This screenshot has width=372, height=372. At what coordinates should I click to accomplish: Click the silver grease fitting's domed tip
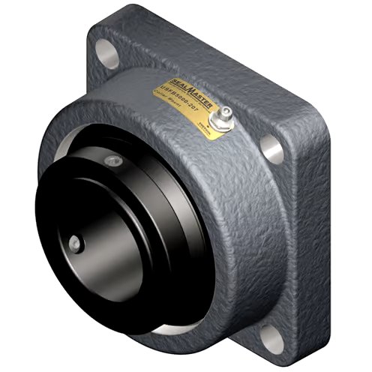point(223,112)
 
